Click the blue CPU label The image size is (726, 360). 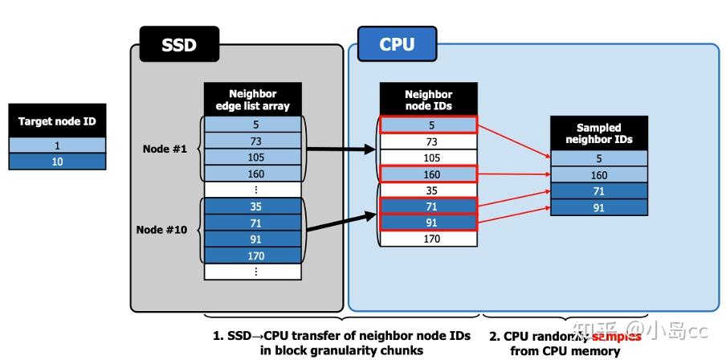(x=398, y=44)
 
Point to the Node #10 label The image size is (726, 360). (x=162, y=229)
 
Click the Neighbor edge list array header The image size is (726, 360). (x=253, y=99)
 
